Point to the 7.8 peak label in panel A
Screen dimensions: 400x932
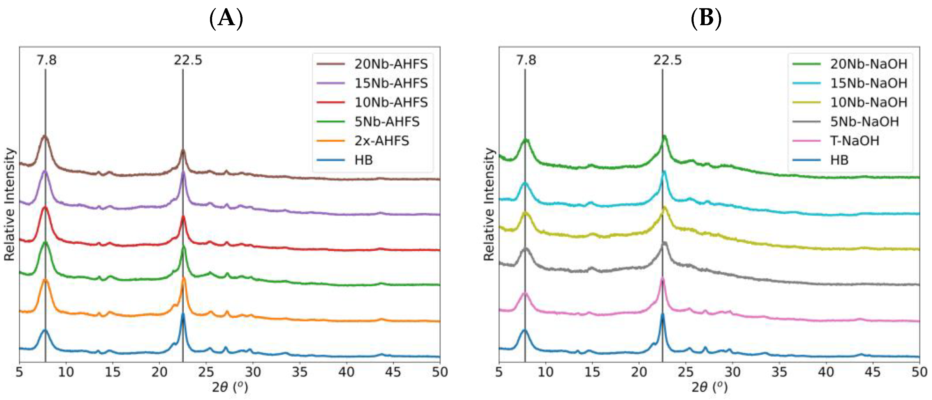tap(46, 60)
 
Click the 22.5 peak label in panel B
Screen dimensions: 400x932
tap(667, 60)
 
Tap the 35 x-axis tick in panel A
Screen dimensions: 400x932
tap(300, 372)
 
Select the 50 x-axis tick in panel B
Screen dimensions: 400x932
tap(919, 372)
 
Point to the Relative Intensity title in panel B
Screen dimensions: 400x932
tap(489, 204)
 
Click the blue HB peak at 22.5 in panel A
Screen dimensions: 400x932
tap(183, 314)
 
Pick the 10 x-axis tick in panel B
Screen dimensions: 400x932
tap(545, 372)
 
